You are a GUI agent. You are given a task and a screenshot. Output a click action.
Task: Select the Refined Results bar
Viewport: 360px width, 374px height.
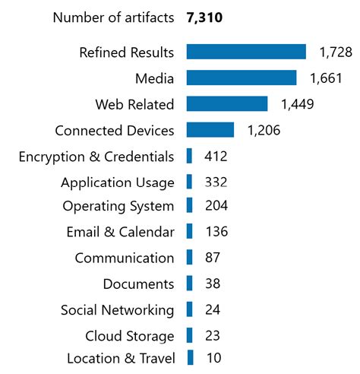pos(245,52)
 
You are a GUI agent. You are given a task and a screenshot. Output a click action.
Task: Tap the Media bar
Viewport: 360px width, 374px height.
pos(241,78)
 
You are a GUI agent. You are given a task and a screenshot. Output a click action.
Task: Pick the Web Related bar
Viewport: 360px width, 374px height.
pos(226,104)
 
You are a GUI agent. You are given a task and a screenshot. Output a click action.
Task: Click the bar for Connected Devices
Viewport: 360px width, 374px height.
pos(210,130)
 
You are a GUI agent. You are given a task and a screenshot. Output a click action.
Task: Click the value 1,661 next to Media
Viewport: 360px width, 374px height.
pos(326,78)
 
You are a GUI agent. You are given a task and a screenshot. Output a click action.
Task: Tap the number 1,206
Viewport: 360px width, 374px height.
pos(264,130)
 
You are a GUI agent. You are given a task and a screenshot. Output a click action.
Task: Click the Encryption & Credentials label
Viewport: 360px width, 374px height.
pos(96,157)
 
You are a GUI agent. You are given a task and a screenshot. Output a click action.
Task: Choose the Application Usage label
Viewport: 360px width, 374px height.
pos(117,182)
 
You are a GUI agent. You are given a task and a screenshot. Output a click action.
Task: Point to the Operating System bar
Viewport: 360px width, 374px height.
pos(189,206)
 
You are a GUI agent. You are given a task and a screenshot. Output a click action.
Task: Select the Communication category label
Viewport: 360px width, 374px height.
pos(124,258)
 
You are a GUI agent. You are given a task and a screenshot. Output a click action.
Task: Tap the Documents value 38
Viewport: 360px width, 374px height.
pos(213,284)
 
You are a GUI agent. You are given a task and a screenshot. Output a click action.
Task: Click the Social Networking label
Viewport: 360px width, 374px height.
pos(117,310)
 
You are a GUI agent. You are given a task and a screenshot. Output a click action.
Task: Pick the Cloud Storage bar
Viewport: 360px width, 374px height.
pos(189,336)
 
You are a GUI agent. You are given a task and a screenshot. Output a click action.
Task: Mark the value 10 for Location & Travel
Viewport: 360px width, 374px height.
pos(213,357)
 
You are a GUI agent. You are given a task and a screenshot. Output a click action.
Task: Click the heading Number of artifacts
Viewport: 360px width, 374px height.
pos(112,17)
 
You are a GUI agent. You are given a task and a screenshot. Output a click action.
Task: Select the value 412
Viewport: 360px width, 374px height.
pos(216,157)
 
